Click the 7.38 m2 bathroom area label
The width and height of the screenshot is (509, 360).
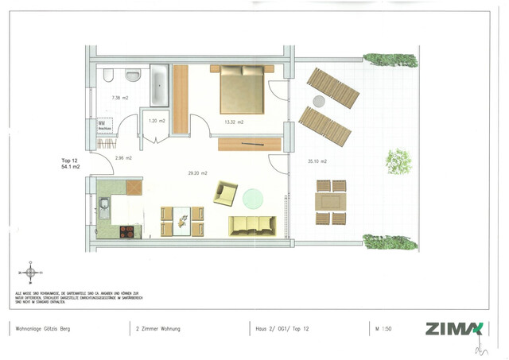click(x=119, y=98)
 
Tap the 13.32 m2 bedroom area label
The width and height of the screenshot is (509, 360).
click(x=234, y=122)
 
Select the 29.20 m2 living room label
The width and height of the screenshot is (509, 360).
click(x=198, y=172)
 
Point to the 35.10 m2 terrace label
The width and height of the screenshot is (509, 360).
click(x=317, y=161)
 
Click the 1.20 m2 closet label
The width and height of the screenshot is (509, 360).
click(x=157, y=121)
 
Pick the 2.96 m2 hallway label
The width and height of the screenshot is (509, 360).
click(x=122, y=157)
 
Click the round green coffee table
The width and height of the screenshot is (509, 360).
click(x=254, y=196)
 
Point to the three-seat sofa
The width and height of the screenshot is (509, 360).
click(x=251, y=226)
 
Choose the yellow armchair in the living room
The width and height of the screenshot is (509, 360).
click(x=225, y=192)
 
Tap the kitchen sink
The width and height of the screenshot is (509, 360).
click(x=105, y=208)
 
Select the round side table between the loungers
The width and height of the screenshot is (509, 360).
click(x=320, y=101)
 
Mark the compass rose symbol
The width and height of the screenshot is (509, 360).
click(x=30, y=273)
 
